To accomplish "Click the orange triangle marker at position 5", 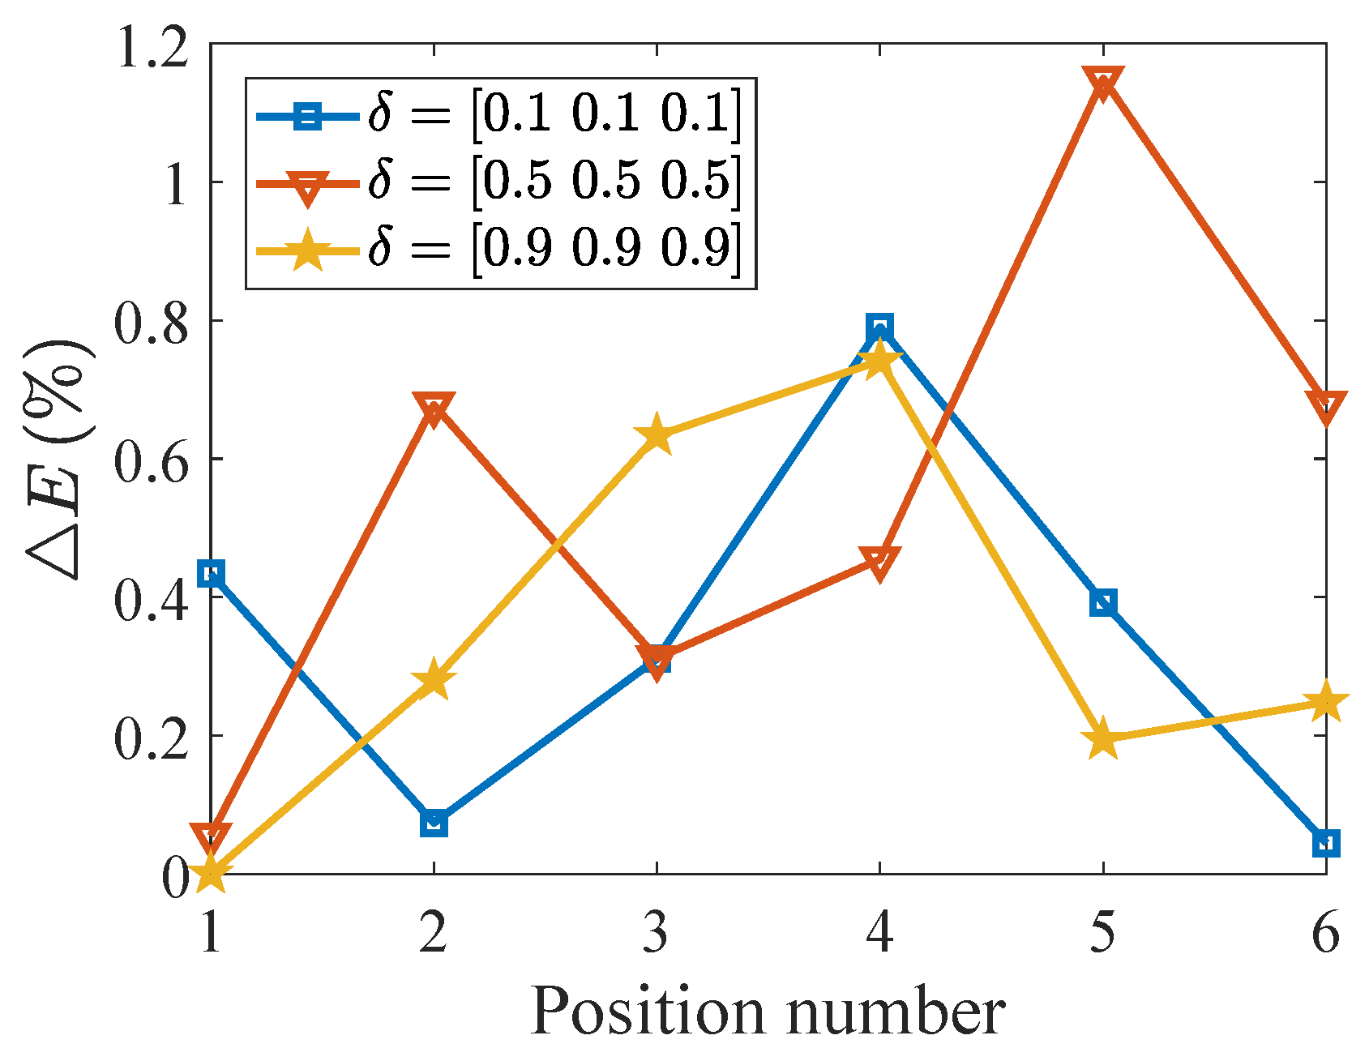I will (x=1103, y=83).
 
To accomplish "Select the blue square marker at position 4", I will (x=879, y=328).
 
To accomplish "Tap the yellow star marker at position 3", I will (x=657, y=436).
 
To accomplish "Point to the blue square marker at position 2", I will (x=434, y=824).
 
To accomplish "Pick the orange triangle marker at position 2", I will (x=434, y=408).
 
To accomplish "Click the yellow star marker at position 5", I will (x=1103, y=739).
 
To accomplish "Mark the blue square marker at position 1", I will (x=211, y=575).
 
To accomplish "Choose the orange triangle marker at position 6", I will (x=1326, y=405).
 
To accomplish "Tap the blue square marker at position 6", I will (x=1326, y=844).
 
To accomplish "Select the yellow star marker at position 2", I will (x=434, y=679).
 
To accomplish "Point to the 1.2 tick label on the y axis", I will (x=153, y=45).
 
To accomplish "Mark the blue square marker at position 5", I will (x=1103, y=603).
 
